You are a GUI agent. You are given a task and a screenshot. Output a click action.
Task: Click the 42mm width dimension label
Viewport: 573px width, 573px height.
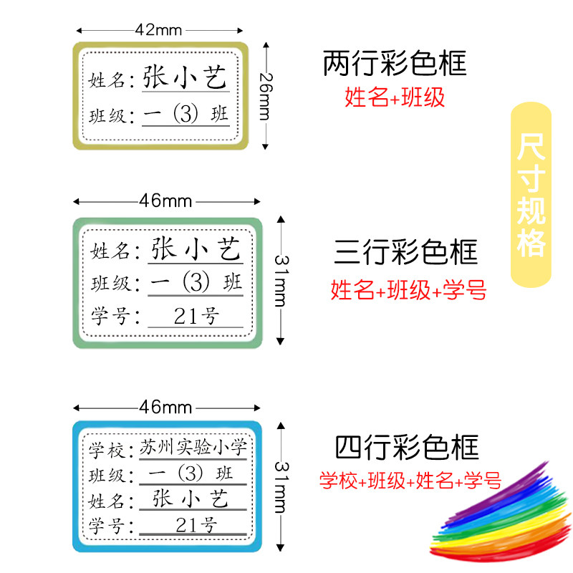[x=158, y=29]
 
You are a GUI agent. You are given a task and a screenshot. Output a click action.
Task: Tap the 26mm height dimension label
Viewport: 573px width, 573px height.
[x=265, y=96]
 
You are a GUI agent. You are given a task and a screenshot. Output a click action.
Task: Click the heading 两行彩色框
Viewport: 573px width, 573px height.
[x=395, y=64]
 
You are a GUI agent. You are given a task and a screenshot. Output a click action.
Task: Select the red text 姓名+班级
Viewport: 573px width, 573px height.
[x=395, y=97]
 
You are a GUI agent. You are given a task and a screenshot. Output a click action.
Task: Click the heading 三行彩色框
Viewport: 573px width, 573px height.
[x=405, y=253]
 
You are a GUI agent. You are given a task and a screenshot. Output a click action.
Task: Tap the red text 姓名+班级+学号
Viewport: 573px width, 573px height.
[x=408, y=290]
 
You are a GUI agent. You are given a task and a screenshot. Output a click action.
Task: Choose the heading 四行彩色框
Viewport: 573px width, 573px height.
[x=406, y=448]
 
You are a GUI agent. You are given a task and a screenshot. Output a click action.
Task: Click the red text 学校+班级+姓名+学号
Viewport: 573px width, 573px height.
[x=410, y=481]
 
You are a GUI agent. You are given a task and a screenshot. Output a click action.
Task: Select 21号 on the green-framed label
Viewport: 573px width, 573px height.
[x=195, y=315]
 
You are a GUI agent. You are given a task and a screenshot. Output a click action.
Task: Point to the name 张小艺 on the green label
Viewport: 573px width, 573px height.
[x=196, y=250]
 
